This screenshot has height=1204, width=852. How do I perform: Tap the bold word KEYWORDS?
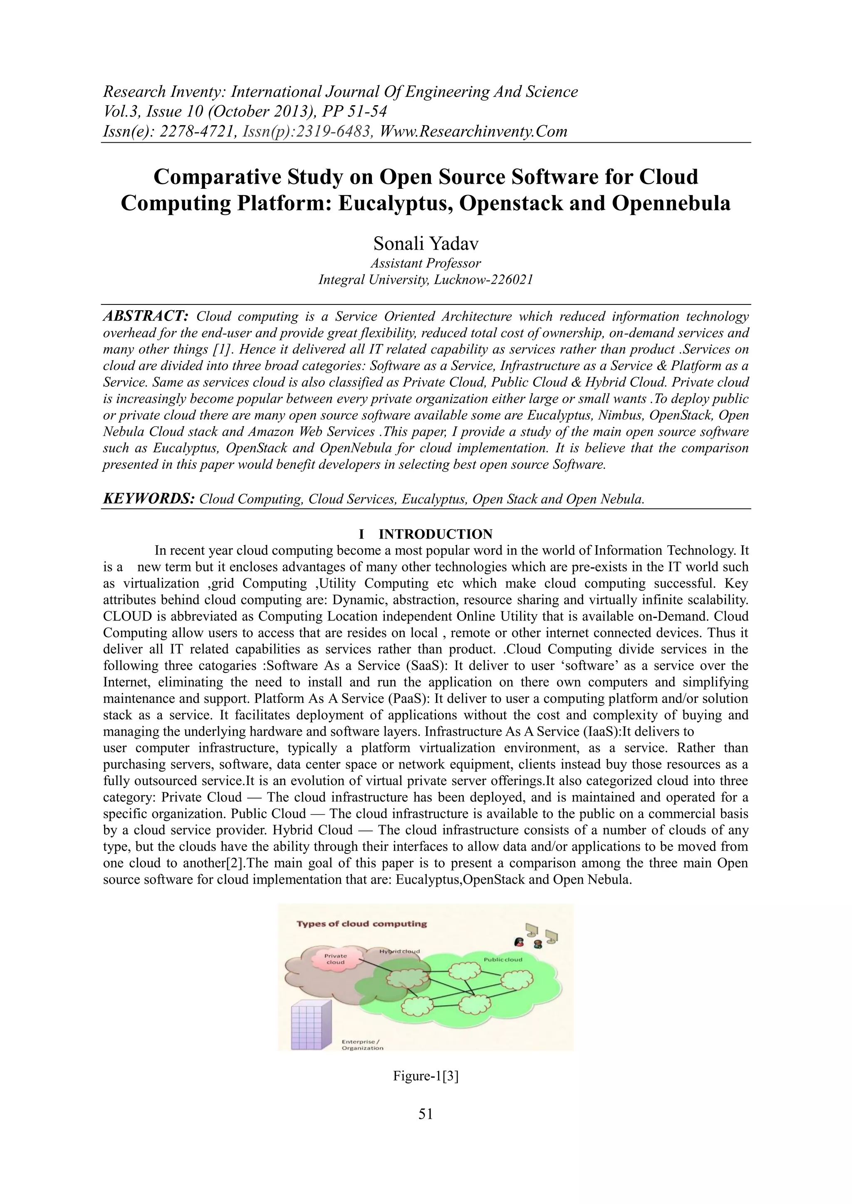tap(149, 499)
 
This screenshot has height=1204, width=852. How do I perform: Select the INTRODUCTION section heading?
tap(436, 534)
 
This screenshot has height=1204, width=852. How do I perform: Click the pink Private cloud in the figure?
tap(335, 959)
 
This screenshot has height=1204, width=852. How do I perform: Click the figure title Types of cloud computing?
tap(362, 924)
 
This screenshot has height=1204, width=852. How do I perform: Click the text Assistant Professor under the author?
tap(426, 263)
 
